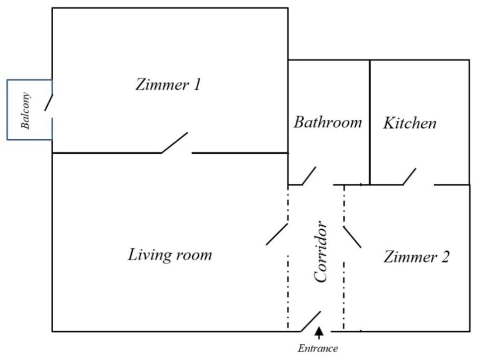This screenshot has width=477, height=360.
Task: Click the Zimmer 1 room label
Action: click(168, 85)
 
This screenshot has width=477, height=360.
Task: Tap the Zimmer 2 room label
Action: click(416, 258)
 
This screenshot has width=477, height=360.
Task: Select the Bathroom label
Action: click(327, 122)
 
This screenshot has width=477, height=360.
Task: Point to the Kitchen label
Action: click(409, 123)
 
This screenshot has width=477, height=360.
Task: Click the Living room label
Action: click(170, 255)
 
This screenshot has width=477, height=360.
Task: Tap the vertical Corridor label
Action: click(321, 252)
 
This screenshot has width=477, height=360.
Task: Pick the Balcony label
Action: click(26, 111)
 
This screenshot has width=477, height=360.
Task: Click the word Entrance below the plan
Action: click(318, 349)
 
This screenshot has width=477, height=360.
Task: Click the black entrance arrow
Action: click(319, 332)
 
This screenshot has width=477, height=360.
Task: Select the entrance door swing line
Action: click(311, 321)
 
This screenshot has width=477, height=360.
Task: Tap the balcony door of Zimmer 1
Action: click(49, 102)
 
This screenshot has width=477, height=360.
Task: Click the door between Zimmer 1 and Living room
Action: click(174, 143)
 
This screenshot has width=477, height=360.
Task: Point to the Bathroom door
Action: click(309, 176)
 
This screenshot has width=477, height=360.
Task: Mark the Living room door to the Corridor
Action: click(277, 234)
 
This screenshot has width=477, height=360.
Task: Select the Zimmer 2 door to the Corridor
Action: click(352, 237)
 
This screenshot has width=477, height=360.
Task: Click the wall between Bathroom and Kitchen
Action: click(370, 122)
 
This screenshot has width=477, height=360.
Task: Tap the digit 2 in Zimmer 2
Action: click(445, 258)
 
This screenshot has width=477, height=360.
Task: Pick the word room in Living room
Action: click(194, 256)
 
